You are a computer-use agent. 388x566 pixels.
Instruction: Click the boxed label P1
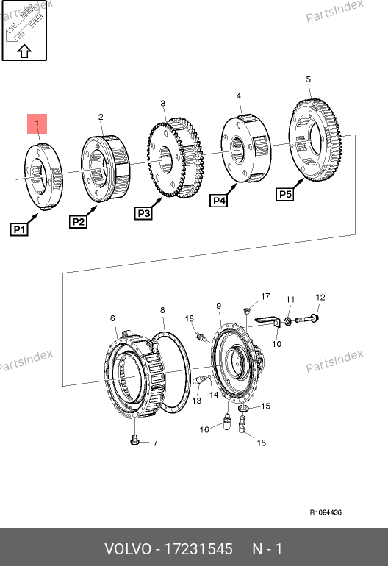(x=19, y=229)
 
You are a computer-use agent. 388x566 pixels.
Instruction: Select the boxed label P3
(x=143, y=213)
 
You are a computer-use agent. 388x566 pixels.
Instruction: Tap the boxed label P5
(x=285, y=194)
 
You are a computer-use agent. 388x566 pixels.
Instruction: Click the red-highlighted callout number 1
(x=37, y=123)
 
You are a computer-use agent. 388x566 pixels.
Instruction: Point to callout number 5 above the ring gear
(x=308, y=79)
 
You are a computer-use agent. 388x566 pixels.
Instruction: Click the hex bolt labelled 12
(x=307, y=319)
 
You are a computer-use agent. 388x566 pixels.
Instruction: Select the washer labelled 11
(x=288, y=321)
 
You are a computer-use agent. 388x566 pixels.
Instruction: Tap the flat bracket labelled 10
(x=268, y=321)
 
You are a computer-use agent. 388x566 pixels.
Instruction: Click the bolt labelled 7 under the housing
(x=134, y=441)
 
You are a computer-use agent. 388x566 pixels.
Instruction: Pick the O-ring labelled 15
(x=244, y=408)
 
